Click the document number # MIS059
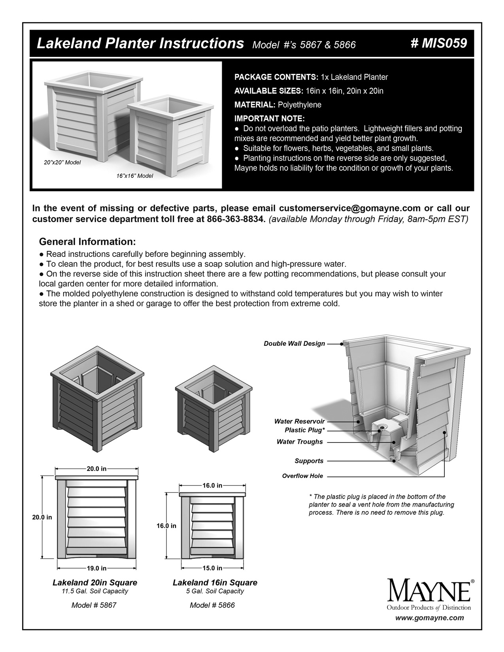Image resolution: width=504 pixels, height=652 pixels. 439,43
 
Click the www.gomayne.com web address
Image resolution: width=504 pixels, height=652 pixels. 430,618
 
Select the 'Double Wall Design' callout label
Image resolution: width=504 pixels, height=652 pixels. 294,343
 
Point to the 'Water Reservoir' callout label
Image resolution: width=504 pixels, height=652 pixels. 299,421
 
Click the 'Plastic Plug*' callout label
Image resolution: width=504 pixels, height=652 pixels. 305,430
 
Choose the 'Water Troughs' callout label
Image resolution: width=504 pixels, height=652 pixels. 300,442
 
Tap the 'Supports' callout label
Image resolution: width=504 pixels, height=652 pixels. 309,461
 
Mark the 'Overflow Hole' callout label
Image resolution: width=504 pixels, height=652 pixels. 302,476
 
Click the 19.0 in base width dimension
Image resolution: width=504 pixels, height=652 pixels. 96,568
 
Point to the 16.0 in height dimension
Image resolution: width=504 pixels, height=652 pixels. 166,526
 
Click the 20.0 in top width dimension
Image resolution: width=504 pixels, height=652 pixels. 96,469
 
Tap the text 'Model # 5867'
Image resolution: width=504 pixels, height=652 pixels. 94,605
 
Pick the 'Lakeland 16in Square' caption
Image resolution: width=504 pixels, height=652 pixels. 215,582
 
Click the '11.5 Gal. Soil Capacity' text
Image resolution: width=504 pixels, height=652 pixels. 94,591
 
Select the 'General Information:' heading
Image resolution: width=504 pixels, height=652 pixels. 87,241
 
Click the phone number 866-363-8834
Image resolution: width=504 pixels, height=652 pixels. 235,219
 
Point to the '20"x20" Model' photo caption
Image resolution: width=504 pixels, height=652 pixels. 62,162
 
